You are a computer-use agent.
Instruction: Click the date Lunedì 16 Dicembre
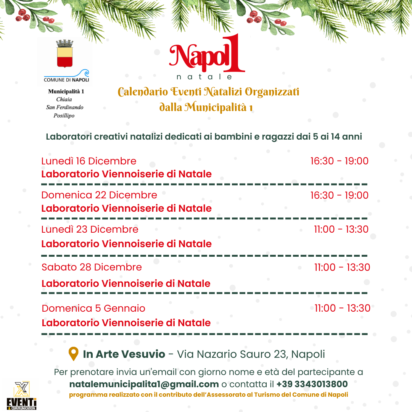89,161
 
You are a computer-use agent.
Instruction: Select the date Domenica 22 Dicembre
99,195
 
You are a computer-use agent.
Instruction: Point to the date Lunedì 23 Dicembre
90,229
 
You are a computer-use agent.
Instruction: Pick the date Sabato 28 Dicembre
92,267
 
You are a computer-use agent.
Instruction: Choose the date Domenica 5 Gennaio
93,308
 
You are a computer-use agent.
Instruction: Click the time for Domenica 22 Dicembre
339,195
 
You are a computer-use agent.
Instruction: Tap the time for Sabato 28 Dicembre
342,267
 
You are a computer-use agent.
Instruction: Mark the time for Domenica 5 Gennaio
342,308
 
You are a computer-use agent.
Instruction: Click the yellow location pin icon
73,354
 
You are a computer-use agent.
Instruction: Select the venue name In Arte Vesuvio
124,354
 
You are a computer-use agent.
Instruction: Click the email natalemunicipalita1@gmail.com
144,384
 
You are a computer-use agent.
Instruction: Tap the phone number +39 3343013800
312,384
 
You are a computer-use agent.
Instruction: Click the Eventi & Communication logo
22,395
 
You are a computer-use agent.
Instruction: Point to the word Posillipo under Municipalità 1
64,116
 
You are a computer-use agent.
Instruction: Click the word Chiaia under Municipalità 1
64,100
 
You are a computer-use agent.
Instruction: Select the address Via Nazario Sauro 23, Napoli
251,354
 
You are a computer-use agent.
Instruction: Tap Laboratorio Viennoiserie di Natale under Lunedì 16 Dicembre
126,174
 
